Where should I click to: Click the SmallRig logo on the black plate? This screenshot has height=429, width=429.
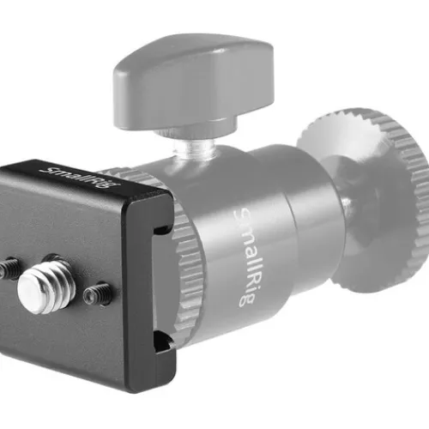pos(80,178)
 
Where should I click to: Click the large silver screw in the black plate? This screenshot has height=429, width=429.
pos(46,284)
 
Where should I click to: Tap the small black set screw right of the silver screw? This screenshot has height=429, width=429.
pos(96,294)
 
